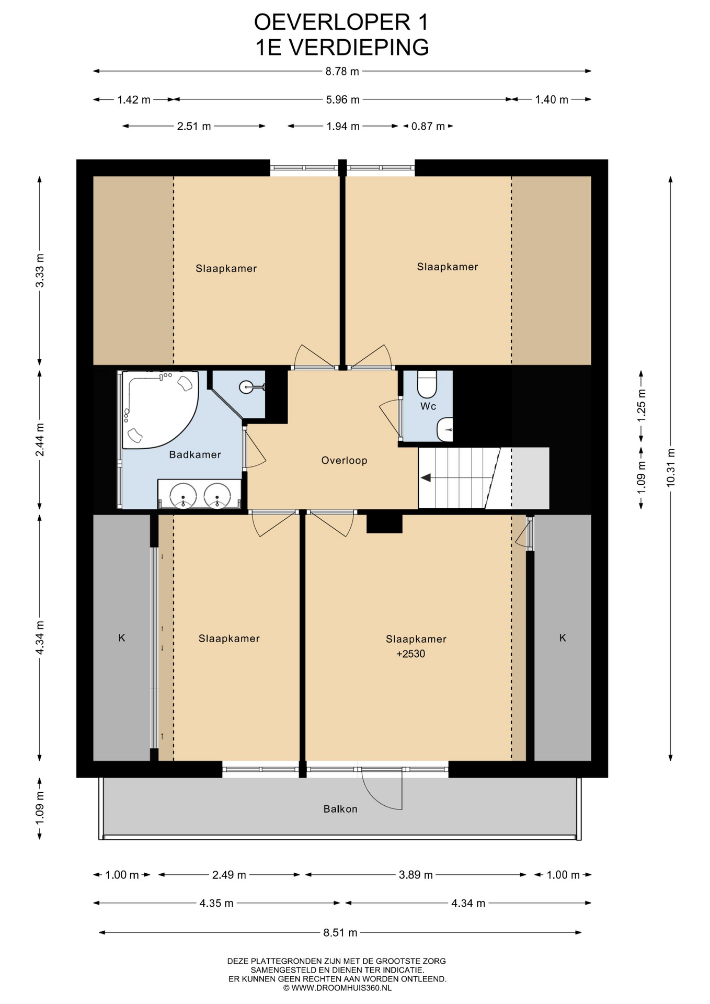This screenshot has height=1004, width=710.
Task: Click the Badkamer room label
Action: point(194,454)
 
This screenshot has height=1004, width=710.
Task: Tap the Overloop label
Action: point(344,460)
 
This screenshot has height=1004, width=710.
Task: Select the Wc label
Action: point(428,406)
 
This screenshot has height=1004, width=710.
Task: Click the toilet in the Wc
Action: point(427,384)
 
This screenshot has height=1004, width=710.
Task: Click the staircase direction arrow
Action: point(426,477)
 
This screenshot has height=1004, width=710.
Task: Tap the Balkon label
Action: point(340,809)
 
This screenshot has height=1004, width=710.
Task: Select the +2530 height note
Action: point(411,654)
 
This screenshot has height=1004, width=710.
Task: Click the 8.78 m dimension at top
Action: point(342,71)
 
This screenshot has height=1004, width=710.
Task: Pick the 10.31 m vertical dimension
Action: point(671,467)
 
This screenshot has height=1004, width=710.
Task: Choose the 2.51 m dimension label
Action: point(194,126)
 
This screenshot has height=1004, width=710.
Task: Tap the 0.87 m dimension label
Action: point(428,126)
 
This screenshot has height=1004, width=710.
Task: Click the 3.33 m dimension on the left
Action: point(40,270)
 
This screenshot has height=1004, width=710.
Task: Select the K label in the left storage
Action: point(122,638)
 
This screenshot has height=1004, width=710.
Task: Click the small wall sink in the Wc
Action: point(445,429)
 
